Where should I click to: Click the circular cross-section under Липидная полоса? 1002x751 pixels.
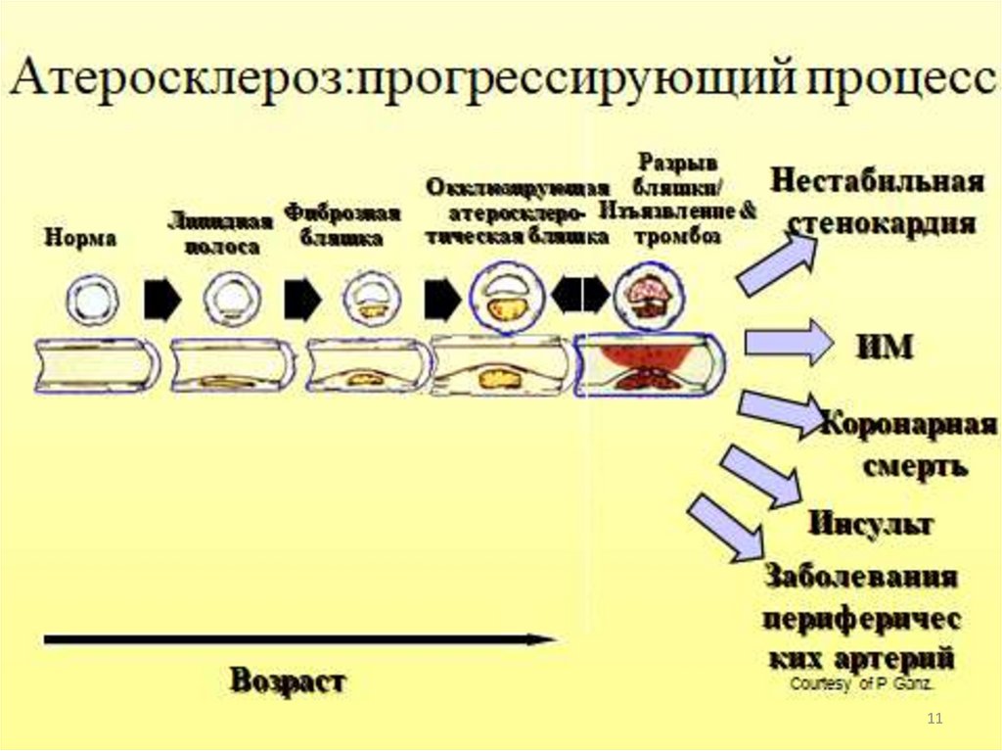pos(231,298)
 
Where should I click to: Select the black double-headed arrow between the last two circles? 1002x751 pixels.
pos(580,295)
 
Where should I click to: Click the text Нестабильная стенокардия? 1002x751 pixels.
pos(877,203)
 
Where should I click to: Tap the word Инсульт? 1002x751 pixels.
pos(870,523)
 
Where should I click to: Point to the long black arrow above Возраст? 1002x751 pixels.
pos(299,639)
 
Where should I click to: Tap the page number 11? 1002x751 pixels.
pos(934,720)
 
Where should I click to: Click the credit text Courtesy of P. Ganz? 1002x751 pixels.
pos(861,684)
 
